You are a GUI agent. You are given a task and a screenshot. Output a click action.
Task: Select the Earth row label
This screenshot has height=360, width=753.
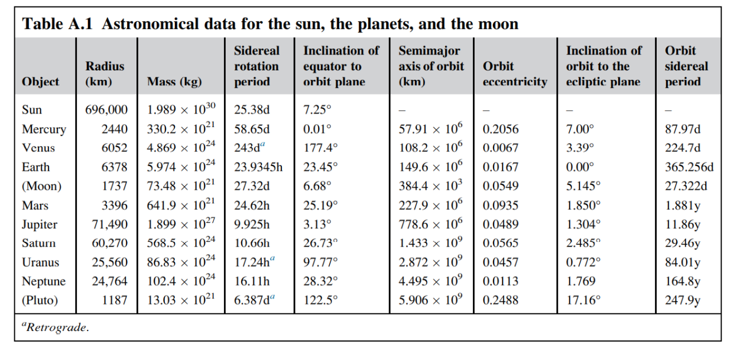pyautogui.click(x=36, y=167)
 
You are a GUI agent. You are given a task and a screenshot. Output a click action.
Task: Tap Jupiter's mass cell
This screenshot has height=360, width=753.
pyautogui.click(x=181, y=225)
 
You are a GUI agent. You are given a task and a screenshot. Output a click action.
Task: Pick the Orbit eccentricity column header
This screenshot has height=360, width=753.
pyautogui.click(x=514, y=74)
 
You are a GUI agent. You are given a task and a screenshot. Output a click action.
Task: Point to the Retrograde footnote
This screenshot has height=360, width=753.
pyautogui.click(x=56, y=327)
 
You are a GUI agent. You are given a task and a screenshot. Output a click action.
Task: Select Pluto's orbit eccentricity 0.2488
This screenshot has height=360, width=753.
pyautogui.click(x=500, y=300)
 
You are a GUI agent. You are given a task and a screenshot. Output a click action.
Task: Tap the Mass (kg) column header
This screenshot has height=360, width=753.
pyautogui.click(x=174, y=82)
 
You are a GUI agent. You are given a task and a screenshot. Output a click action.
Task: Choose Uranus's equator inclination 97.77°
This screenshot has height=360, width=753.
pyautogui.click(x=320, y=262)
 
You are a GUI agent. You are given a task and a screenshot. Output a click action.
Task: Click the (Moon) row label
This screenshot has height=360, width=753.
pyautogui.click(x=41, y=186)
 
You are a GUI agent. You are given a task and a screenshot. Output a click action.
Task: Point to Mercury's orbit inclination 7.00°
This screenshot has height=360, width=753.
pyautogui.click(x=580, y=129)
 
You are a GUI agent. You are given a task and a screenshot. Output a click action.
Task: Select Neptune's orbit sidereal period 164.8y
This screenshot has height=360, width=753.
pyautogui.click(x=683, y=281)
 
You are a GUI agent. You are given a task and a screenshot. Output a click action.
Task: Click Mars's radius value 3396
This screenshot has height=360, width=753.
pyautogui.click(x=115, y=206)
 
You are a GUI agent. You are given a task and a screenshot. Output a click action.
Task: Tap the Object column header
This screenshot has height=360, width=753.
pyautogui.click(x=40, y=82)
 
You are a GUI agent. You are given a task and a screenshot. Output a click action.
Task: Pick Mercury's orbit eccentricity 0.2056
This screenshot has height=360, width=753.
pyautogui.click(x=500, y=129)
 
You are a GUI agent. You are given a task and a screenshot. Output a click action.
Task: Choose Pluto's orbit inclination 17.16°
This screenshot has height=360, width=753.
pyautogui.click(x=583, y=300)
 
